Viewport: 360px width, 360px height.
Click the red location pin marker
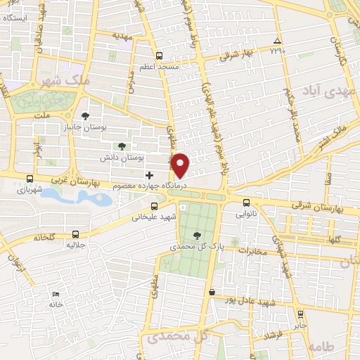[x=180, y=165]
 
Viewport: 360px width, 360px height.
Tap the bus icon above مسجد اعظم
[x=160, y=56]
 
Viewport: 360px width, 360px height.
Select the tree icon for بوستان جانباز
[x=86, y=116]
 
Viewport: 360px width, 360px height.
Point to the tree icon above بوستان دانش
[x=122, y=146]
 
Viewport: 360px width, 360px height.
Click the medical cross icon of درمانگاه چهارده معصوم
[x=148, y=174]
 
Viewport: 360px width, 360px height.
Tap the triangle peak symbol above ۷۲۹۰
[x=276, y=40]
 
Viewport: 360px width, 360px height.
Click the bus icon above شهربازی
[x=29, y=179]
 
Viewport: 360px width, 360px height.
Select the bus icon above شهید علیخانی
[x=155, y=207]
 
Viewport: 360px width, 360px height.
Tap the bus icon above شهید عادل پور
[x=212, y=292]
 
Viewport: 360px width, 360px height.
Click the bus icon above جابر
[x=301, y=314]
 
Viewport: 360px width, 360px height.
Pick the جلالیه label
[x=76, y=246]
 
